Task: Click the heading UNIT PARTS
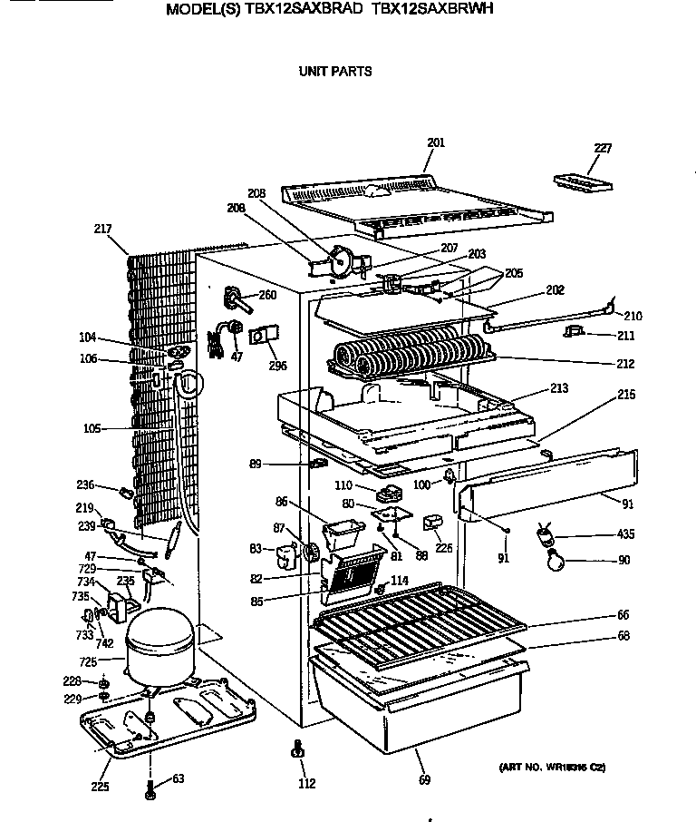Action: [335, 71]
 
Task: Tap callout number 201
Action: [436, 142]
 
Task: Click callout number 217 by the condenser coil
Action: [101, 229]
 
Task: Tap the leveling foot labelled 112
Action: [296, 750]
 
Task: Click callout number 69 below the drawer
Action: [425, 779]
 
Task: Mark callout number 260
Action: [267, 294]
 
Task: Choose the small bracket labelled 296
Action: [262, 337]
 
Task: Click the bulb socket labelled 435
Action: [546, 536]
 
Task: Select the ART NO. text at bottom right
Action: [552, 768]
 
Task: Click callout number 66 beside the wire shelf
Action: [623, 616]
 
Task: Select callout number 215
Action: [625, 395]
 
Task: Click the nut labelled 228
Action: [104, 680]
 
